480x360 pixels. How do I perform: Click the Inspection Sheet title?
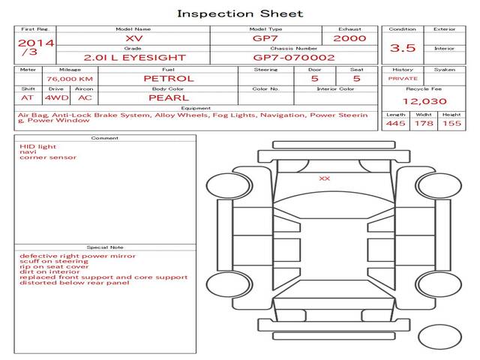point(239,13)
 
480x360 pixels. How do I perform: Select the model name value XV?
point(133,37)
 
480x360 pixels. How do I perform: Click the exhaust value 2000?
point(350,37)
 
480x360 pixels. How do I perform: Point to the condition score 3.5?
point(403,48)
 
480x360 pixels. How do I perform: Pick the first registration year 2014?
point(35,43)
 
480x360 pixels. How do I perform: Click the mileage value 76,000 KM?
point(69,79)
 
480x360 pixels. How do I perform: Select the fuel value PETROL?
point(168,78)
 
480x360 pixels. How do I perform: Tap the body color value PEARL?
point(168,97)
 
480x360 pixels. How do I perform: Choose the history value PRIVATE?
point(403,79)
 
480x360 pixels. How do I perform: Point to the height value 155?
point(451,123)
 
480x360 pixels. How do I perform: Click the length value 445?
point(396,123)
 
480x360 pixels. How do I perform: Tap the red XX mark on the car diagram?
point(325,178)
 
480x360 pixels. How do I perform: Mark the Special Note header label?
point(104,247)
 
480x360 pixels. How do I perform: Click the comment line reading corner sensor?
point(47,157)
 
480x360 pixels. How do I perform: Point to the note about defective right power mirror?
point(77,256)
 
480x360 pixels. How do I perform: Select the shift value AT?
point(28,97)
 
